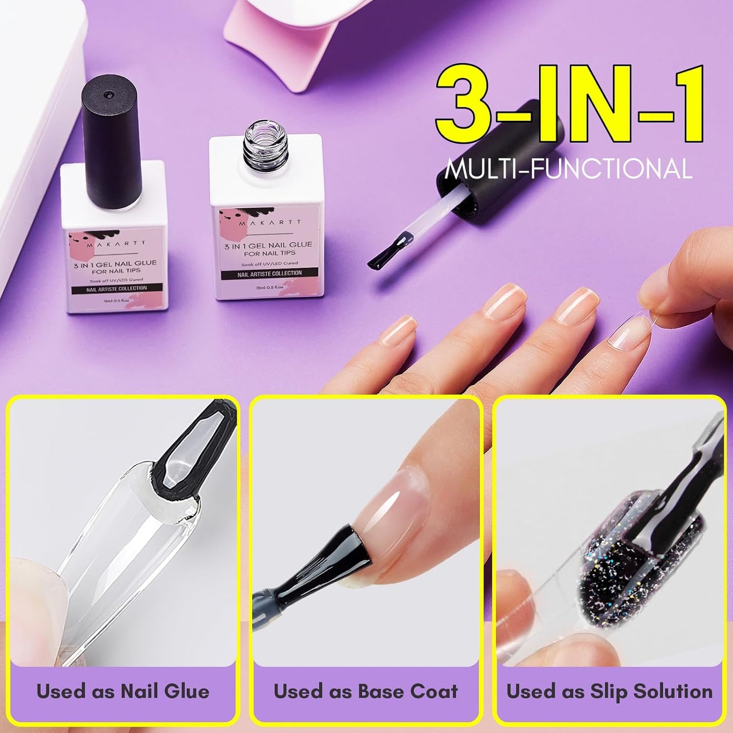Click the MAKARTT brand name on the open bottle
tap(271, 222)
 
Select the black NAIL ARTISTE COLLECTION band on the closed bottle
tap(117, 288)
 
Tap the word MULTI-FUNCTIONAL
tap(568, 169)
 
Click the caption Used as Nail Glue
tap(123, 691)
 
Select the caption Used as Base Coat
tap(365, 691)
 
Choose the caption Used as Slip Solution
tap(609, 691)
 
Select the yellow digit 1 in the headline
tap(685, 104)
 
